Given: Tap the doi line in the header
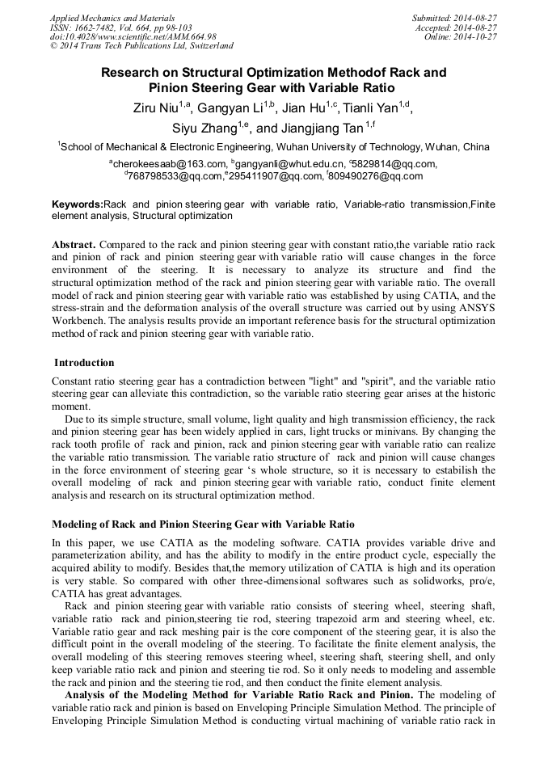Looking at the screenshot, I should pos(133,36).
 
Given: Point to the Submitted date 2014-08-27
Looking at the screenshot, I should pos(455,17).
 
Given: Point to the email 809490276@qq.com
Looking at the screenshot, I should pos(374,176).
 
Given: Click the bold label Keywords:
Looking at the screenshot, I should pos(78,205).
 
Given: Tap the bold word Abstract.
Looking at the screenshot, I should pos(74,244).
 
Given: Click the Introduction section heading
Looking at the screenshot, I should pos(84,362).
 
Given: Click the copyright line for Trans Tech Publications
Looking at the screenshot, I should pos(141,46).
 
